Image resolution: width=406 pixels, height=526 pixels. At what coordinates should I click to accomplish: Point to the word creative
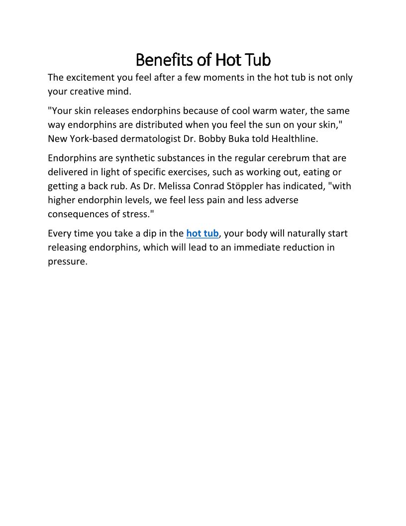click(91, 92)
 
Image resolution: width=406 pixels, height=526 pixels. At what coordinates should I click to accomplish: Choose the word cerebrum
click(286, 158)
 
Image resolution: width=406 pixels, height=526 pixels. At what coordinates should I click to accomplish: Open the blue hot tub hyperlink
click(203, 234)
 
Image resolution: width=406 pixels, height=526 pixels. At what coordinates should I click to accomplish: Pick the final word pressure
click(67, 262)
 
